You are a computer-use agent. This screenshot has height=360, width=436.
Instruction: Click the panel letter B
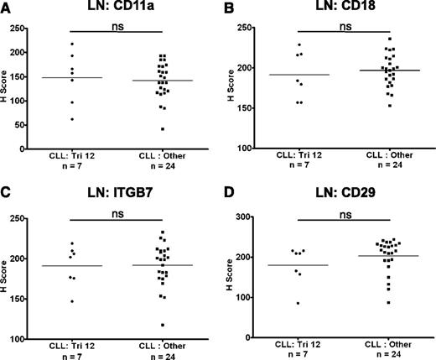click(228, 8)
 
